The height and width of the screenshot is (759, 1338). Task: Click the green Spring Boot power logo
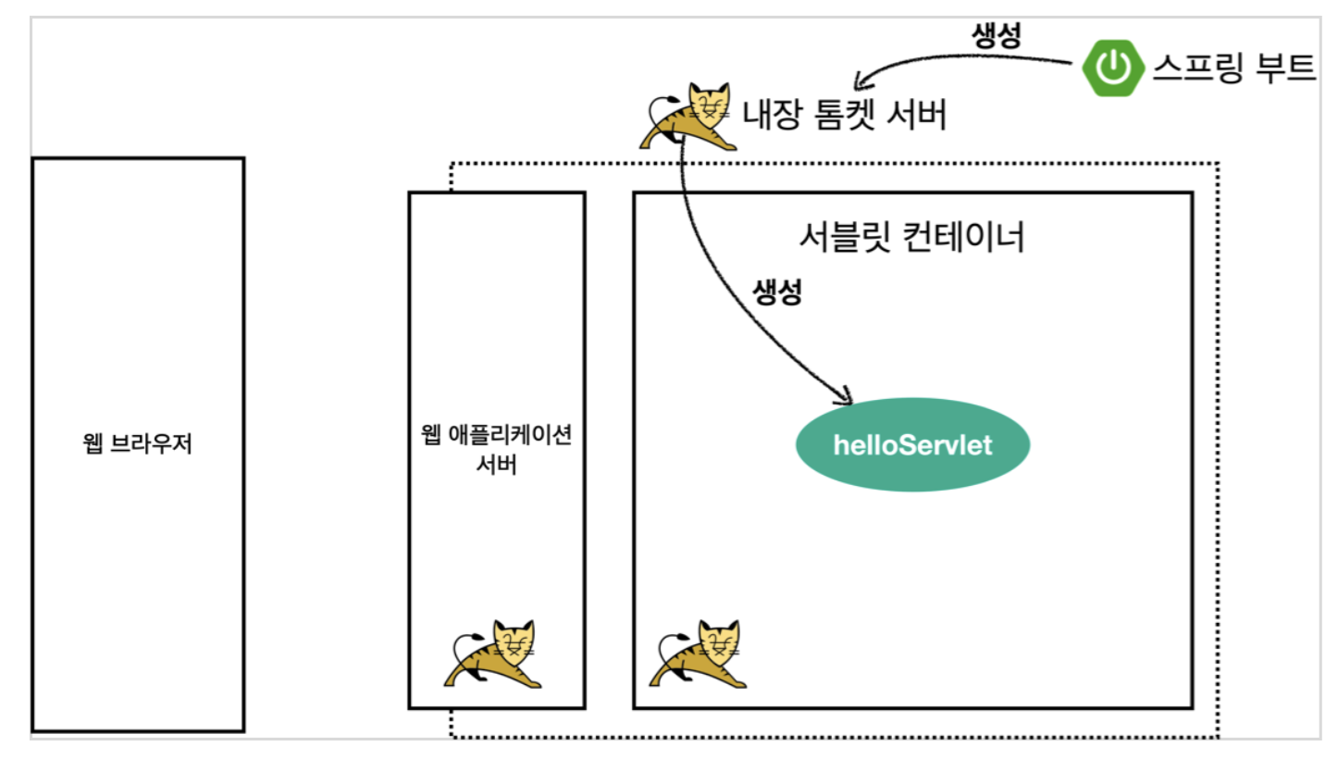[1114, 68]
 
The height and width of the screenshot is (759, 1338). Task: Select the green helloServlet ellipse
[912, 445]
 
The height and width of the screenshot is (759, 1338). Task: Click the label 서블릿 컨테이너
[911, 238]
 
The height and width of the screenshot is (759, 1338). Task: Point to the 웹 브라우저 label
[137, 444]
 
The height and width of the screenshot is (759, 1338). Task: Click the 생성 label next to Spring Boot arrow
[996, 35]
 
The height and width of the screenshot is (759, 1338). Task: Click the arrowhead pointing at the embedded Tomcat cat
[858, 77]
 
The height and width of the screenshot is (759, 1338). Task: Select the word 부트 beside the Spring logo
[1283, 68]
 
